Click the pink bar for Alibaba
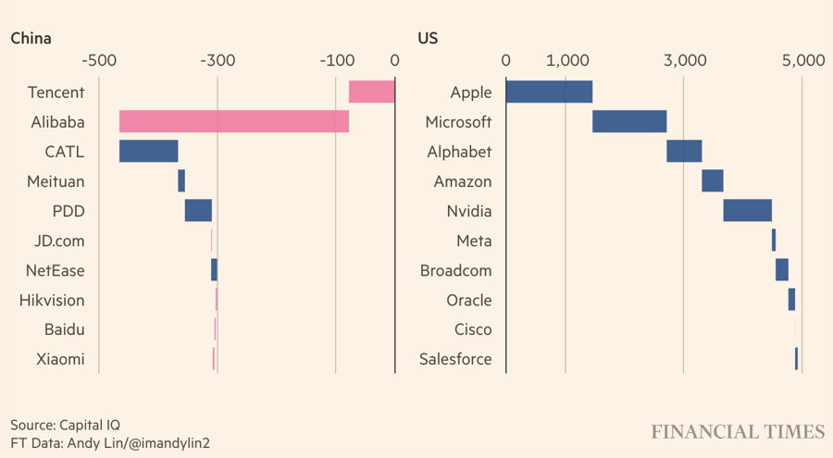[x=234, y=122]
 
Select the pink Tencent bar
[x=371, y=93]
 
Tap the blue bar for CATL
[x=148, y=152]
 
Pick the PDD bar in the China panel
[x=198, y=211]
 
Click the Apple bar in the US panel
[x=549, y=93]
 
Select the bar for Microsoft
[x=629, y=122]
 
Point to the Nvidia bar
[x=747, y=211]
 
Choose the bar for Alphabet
[x=684, y=152]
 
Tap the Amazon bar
[x=712, y=181]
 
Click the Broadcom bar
[x=781, y=270]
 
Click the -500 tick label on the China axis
[x=99, y=61]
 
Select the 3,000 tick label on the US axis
[x=684, y=61]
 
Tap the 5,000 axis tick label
[x=802, y=61]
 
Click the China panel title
[x=31, y=39]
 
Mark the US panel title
[x=428, y=39]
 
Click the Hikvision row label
[x=52, y=300]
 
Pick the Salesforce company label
[x=455, y=359]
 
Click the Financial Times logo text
[x=737, y=432]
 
